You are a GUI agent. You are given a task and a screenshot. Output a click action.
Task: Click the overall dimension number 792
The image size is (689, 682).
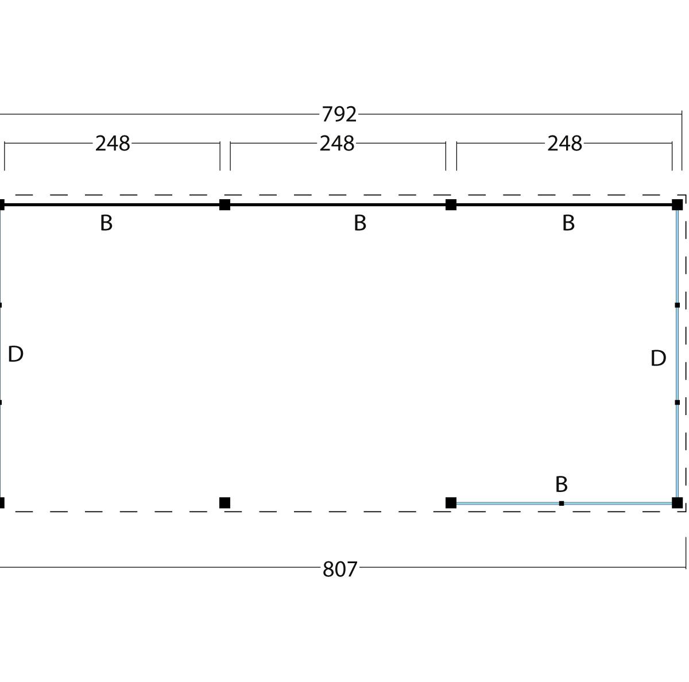tap(339, 114)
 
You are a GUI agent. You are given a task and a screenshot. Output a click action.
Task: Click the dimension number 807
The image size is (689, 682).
tap(340, 569)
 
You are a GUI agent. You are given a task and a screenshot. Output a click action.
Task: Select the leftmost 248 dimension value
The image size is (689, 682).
tap(113, 144)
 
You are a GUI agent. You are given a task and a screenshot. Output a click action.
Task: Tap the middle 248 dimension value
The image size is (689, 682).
tap(337, 144)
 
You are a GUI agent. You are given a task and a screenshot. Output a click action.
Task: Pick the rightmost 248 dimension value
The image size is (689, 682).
tap(564, 144)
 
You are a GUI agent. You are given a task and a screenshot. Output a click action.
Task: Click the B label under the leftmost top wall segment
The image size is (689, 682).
tap(106, 223)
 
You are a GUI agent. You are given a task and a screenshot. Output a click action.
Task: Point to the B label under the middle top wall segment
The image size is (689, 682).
tap(359, 223)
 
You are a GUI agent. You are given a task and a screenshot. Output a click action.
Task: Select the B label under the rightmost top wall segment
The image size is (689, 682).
tap(568, 223)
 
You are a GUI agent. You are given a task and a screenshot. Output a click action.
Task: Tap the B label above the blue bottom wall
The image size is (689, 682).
tap(562, 484)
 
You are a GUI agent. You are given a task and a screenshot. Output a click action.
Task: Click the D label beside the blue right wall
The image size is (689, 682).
tap(658, 358)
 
